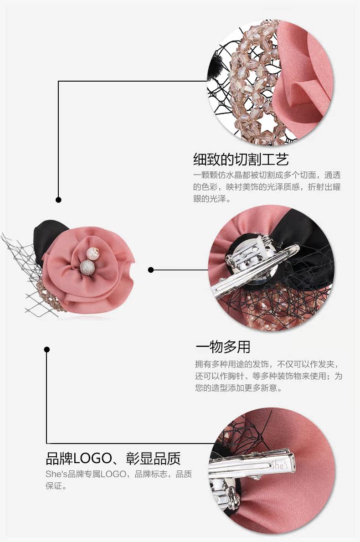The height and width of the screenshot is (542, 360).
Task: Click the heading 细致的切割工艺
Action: [241, 160]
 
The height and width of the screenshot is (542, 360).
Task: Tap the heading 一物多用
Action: [223, 347]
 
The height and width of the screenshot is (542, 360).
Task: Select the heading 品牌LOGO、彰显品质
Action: [113, 458]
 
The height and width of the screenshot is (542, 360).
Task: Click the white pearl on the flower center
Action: [96, 252]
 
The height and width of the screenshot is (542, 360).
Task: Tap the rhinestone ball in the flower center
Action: [86, 267]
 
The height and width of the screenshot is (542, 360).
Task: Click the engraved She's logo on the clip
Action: [279, 465]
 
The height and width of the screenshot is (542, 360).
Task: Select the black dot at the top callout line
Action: [58, 200]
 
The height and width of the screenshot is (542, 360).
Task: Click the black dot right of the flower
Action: [151, 270]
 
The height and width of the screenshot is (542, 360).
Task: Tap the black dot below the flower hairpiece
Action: [46, 350]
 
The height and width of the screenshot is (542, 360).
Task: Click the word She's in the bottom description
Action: [56, 475]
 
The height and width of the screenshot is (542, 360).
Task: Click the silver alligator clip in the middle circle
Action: [255, 274]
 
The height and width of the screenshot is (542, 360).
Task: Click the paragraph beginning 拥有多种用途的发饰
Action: [268, 376]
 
